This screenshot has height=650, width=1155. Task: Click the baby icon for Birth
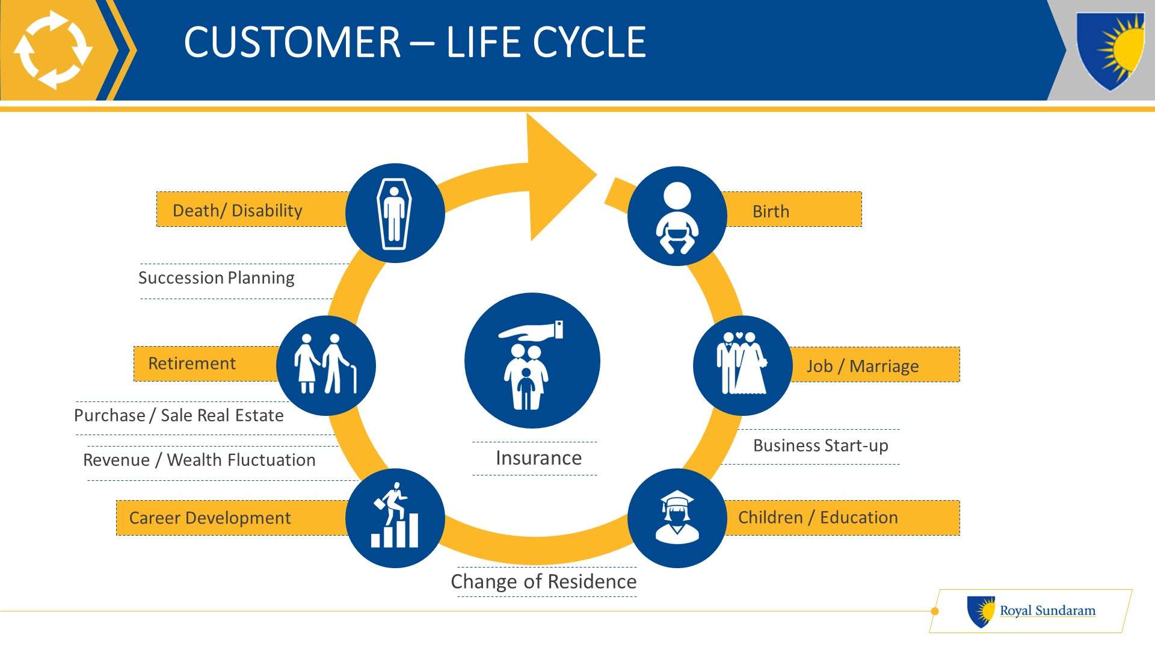pyautogui.click(x=677, y=216)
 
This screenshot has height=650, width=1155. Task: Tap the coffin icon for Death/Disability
pyautogui.click(x=395, y=213)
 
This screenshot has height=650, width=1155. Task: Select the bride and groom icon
pyautogui.click(x=742, y=365)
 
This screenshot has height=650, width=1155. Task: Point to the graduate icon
pyautogui.click(x=677, y=518)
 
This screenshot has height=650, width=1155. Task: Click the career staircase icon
pyautogui.click(x=395, y=518)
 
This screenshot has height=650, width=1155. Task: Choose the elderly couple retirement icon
pyautogui.click(x=325, y=365)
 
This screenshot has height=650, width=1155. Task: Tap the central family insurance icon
pyautogui.click(x=532, y=361)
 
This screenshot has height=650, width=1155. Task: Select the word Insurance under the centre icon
pyautogui.click(x=538, y=458)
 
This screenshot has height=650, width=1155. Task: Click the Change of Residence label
pyautogui.click(x=544, y=581)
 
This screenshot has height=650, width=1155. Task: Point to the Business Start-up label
pyautogui.click(x=821, y=446)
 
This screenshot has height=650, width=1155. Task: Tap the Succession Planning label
pyautogui.click(x=217, y=278)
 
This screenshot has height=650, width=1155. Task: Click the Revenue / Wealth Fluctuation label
pyautogui.click(x=199, y=460)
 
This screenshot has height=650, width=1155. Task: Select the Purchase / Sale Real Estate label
pyautogui.click(x=179, y=415)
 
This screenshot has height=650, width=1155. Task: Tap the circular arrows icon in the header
pyautogui.click(x=52, y=50)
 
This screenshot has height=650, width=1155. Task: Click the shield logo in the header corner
pyautogui.click(x=1110, y=51)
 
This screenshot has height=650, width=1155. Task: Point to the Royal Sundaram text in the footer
pyautogui.click(x=1047, y=610)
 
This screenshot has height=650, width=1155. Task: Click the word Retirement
pyautogui.click(x=192, y=364)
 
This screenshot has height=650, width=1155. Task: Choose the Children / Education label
pyautogui.click(x=818, y=518)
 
